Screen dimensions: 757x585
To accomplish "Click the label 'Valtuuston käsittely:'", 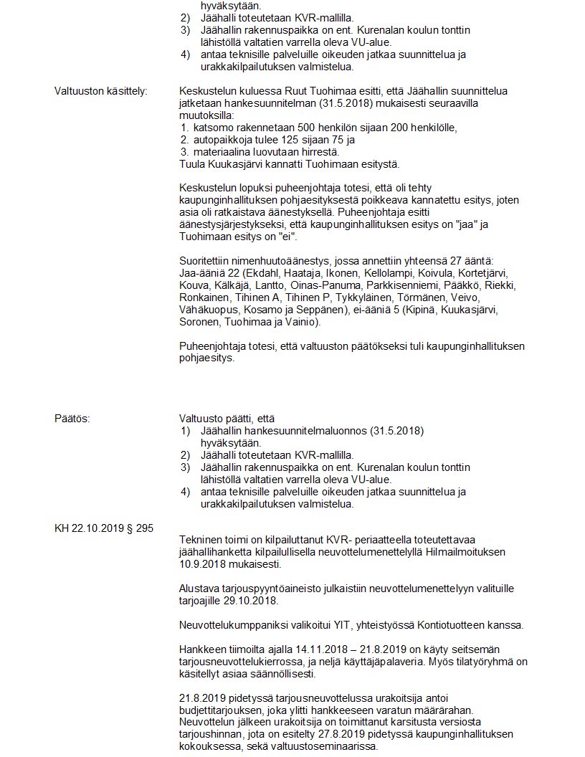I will click(x=100, y=90).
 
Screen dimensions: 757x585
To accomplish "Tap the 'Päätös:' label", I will click(x=72, y=418).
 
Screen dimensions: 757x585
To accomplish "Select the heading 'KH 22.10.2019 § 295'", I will click(x=103, y=528).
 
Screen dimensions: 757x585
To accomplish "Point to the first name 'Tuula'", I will click(x=192, y=163).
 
